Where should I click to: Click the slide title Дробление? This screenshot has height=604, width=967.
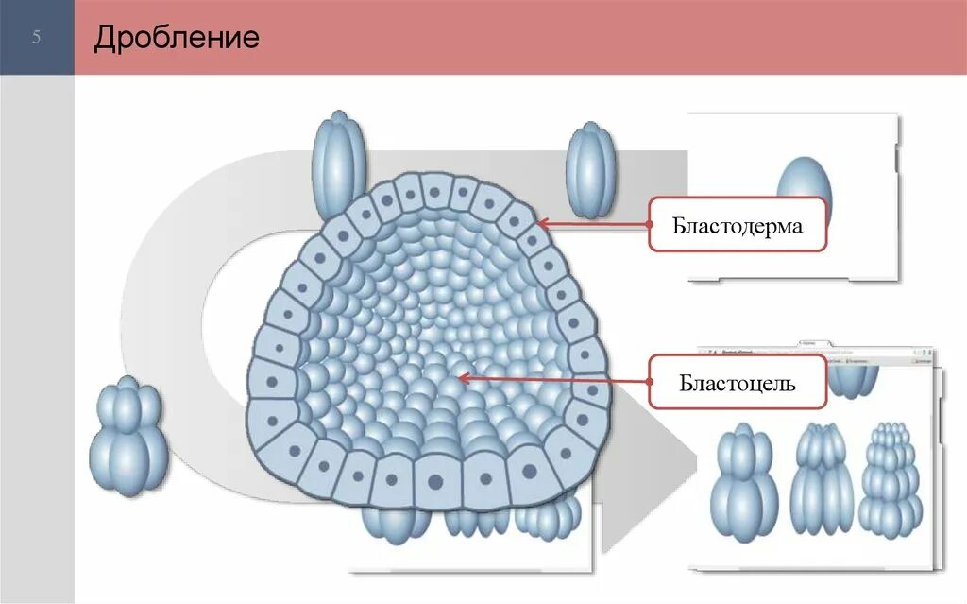point(177,38)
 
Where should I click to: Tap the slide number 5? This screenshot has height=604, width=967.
point(37,39)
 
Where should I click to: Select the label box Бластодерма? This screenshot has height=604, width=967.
point(738,225)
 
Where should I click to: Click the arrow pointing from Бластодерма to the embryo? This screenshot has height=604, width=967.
point(595,225)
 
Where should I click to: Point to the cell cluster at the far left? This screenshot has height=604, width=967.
point(128,437)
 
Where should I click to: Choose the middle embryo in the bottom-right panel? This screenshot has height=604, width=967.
point(821,480)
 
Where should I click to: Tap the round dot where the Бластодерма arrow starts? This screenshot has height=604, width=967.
point(651,224)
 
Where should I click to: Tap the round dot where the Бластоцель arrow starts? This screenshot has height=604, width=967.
point(651,380)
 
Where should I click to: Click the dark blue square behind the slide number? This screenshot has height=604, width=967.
point(37,38)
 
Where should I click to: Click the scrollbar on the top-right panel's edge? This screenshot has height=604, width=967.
point(896,156)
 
